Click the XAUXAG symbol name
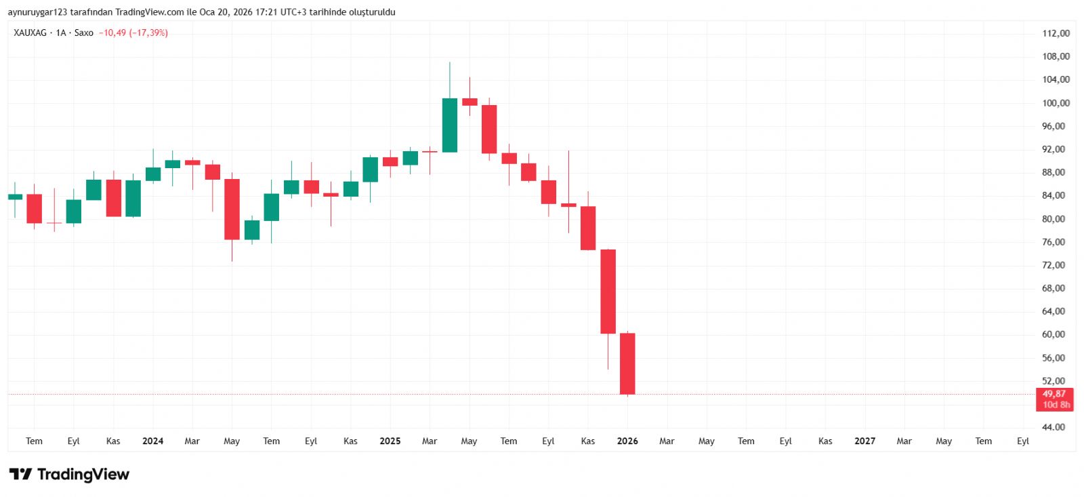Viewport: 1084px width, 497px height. coord(30,33)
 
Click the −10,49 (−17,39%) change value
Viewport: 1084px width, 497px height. coord(133,33)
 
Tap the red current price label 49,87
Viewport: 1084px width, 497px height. coord(1054,394)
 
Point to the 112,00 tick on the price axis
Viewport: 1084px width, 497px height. coord(1056,33)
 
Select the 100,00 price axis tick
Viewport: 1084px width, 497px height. coord(1056,103)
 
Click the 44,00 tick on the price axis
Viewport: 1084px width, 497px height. coord(1054,427)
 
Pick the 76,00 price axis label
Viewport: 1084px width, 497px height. coord(1054,242)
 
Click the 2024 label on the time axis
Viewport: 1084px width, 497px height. coord(152,441)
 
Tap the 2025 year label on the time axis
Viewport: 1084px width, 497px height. coord(390,441)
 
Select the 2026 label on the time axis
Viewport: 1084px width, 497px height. coord(627,441)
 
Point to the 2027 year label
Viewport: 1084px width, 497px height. coord(864,441)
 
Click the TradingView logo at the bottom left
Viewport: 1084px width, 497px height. coord(69,474)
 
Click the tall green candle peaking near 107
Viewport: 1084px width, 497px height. coord(449,125)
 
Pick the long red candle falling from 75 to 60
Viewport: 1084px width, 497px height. coord(608,292)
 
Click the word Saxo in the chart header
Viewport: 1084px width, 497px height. coord(84,33)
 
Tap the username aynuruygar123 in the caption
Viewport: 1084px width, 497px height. coord(37,12)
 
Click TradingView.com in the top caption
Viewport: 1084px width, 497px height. coord(149,12)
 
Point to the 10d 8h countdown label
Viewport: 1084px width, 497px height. coord(1056,405)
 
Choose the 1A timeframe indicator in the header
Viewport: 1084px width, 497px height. coord(61,33)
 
